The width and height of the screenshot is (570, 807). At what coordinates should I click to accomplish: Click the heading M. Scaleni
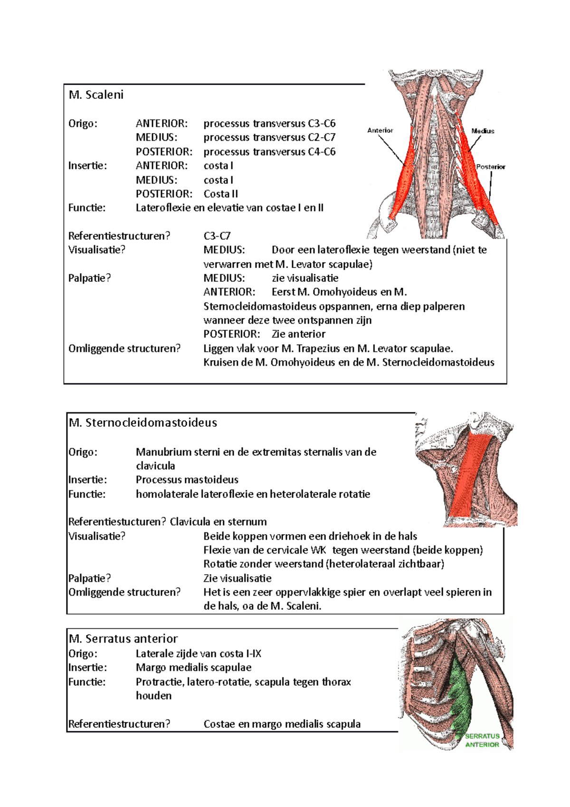point(96,95)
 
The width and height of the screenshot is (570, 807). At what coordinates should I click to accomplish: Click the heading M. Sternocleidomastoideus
point(142,423)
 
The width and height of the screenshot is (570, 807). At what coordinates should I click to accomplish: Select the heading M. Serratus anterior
point(123,638)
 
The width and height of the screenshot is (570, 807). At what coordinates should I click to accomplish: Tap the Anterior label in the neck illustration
point(380,130)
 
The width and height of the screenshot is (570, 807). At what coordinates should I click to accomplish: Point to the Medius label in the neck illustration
point(483,131)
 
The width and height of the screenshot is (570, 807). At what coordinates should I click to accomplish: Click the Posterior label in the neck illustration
point(491,167)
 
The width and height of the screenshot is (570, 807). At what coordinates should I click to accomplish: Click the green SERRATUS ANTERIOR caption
point(482,740)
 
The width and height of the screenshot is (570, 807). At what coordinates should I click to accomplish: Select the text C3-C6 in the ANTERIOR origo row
point(322,124)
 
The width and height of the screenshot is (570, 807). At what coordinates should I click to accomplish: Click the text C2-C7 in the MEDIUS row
point(322,137)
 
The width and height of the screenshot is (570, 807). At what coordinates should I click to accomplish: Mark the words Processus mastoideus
point(187,480)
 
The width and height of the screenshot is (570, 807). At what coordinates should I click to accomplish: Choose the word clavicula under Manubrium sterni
point(155,466)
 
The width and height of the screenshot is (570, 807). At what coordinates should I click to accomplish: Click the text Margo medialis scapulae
point(193,667)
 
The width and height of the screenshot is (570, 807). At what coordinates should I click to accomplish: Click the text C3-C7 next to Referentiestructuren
point(217,236)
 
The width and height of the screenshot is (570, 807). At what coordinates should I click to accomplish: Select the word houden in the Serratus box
point(153,695)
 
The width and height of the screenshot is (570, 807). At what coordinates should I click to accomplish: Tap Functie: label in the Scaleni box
point(87,208)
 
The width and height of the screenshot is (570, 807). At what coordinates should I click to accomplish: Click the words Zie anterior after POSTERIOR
point(298,334)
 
